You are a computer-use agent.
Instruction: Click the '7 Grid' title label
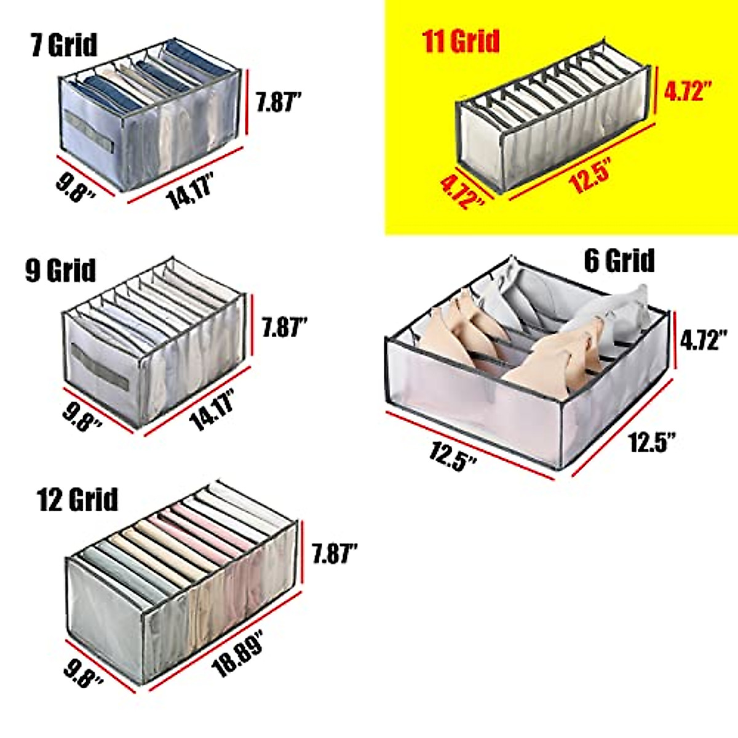64,45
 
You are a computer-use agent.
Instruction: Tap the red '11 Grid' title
461,41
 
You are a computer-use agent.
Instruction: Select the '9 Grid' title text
61,270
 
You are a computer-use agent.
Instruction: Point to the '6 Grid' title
619,260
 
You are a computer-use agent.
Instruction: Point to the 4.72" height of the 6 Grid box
704,339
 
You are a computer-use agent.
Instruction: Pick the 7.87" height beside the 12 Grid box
335,553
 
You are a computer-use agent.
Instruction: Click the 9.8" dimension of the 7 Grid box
76,186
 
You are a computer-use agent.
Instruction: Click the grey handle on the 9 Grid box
100,367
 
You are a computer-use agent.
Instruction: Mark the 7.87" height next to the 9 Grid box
284,327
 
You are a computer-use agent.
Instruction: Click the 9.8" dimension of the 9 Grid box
82,416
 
